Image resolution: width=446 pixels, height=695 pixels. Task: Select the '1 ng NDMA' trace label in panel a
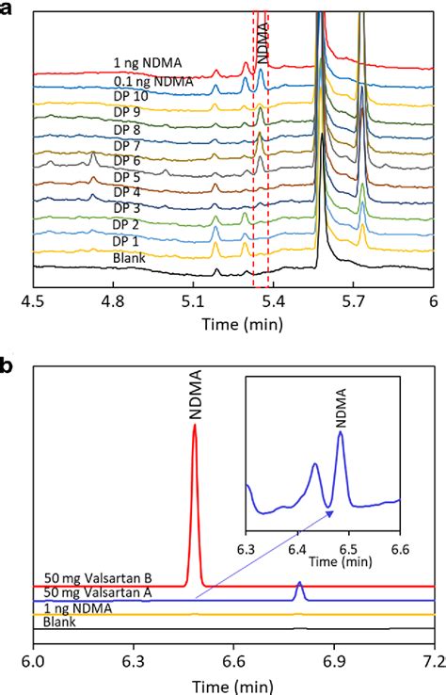pyautogui.click(x=149, y=64)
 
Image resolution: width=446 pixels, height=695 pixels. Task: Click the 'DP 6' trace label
pyautogui.click(x=128, y=160)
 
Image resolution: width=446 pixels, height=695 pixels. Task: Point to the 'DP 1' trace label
pyautogui.click(x=128, y=241)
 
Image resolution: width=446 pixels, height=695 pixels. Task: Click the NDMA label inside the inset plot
pyautogui.click(x=340, y=402)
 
